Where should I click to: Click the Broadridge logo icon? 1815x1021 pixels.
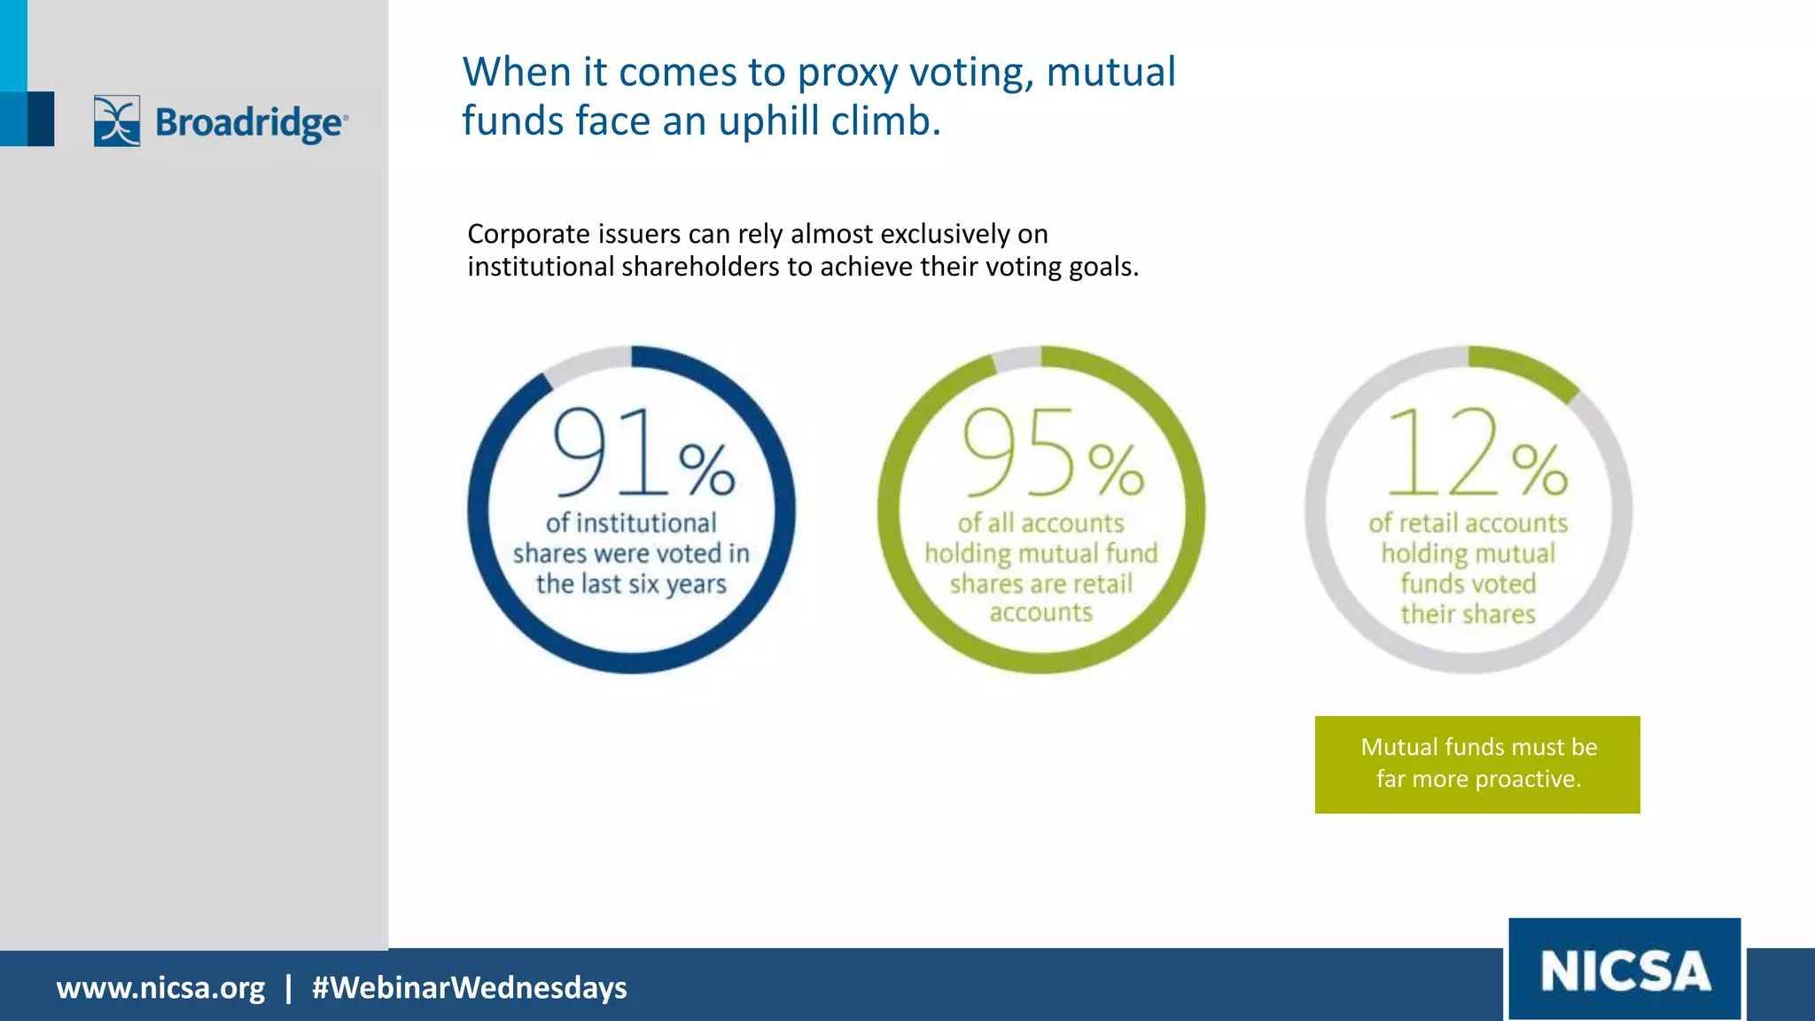pos(117,121)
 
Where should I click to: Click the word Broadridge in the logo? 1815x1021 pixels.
pos(249,122)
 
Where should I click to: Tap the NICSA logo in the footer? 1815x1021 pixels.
pos(1624,970)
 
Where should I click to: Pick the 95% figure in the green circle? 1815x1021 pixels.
pos(1053,453)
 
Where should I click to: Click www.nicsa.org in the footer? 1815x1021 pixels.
pos(160,987)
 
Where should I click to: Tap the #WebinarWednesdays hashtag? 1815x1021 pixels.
pos(469,987)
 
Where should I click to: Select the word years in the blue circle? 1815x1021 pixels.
pos(696,585)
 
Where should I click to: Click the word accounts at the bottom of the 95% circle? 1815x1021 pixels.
pos(1040,612)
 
